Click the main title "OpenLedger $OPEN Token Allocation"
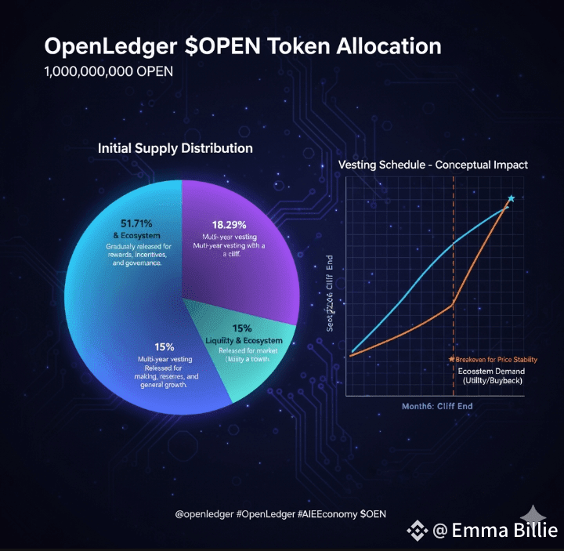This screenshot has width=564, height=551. point(243,46)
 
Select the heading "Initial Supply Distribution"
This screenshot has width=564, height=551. point(175,148)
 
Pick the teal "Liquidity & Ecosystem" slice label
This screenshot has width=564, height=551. point(244,339)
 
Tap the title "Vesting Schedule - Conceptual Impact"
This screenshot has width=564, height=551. point(432,165)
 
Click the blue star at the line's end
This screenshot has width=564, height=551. point(511,199)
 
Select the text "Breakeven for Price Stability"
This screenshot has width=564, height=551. point(496,360)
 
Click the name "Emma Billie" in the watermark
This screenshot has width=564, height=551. point(506,531)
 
